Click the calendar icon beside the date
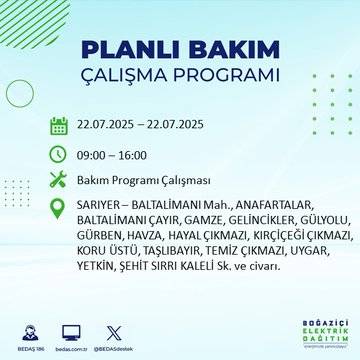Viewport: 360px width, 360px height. tap(58, 126)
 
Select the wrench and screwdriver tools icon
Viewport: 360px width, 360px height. tap(58, 181)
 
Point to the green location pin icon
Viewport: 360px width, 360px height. tap(58, 209)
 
